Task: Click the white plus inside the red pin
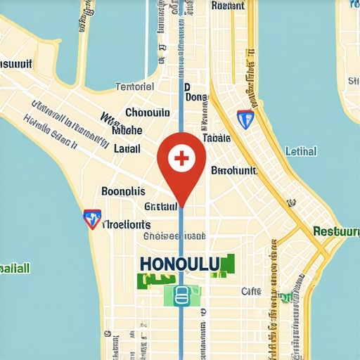pyautogui.click(x=181, y=157)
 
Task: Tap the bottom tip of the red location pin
pyautogui.click(x=181, y=206)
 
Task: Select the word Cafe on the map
pyautogui.click(x=251, y=291)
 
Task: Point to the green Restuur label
pyautogui.click(x=335, y=231)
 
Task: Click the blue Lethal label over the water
pyautogui.click(x=301, y=151)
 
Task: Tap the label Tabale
pyautogui.click(x=216, y=139)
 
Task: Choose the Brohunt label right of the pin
pyautogui.click(x=234, y=171)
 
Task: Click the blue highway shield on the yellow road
pyautogui.click(x=245, y=119)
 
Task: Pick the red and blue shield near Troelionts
pyautogui.click(x=91, y=219)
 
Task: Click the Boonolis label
pyautogui.click(x=123, y=191)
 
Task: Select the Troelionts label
pyautogui.click(x=127, y=225)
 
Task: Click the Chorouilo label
pyautogui.click(x=147, y=112)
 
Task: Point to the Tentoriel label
pyautogui.click(x=134, y=87)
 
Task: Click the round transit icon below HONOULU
pyautogui.click(x=181, y=295)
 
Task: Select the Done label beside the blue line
pyautogui.click(x=196, y=98)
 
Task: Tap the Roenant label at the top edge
pyautogui.click(x=228, y=6)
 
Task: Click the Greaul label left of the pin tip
pyautogui.click(x=161, y=207)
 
